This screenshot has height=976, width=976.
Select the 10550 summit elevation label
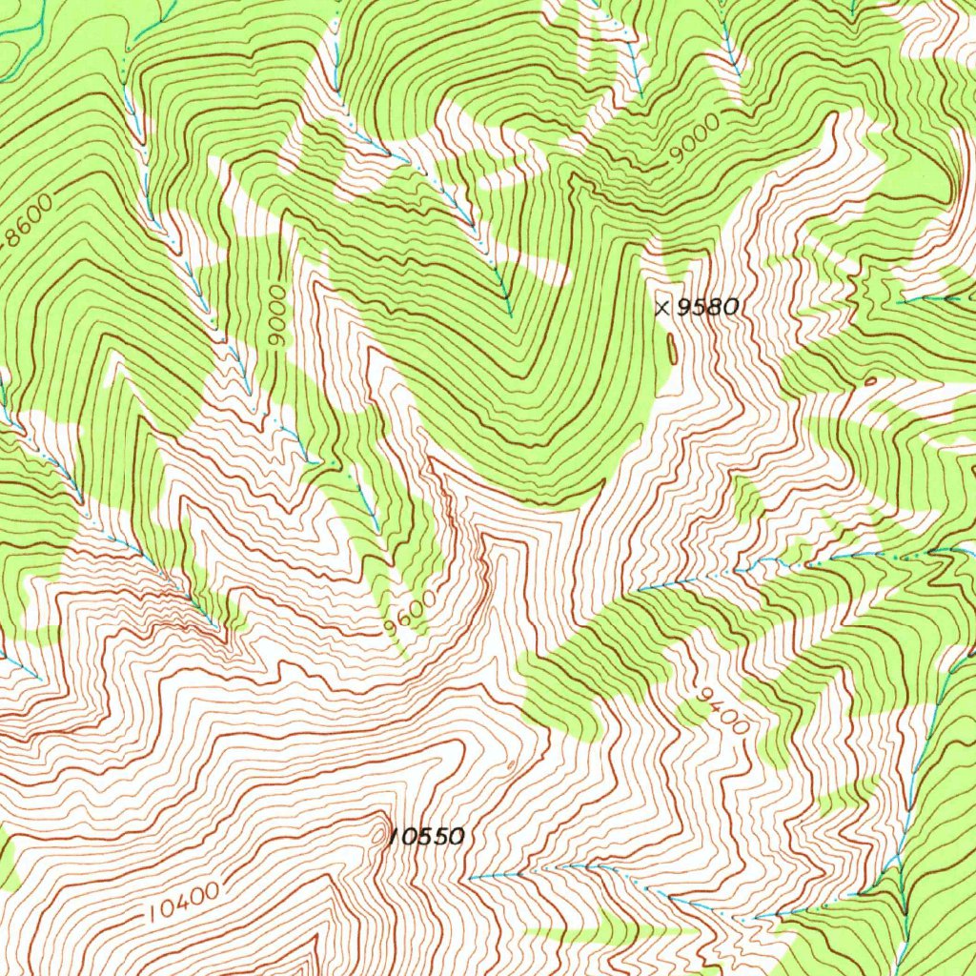pos(428,837)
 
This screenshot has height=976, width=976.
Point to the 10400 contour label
pos(185,902)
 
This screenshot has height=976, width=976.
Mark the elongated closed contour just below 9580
pos(673,349)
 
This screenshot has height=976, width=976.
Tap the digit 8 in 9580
pos(717,307)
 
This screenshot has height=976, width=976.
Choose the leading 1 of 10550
pos(394,838)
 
